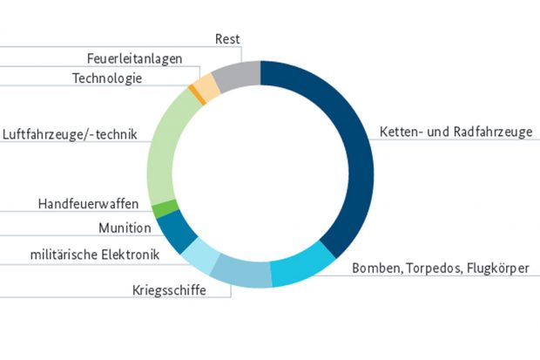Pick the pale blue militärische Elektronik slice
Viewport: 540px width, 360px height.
click(199, 255)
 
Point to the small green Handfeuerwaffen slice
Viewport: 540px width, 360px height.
click(165, 209)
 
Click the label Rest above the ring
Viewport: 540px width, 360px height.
click(227, 40)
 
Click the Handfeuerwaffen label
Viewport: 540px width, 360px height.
click(88, 204)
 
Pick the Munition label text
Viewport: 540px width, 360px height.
click(125, 228)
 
